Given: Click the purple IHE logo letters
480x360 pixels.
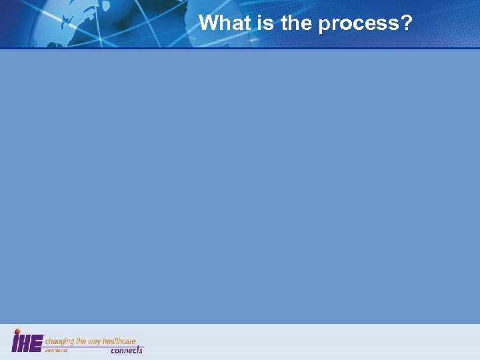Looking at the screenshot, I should pyautogui.click(x=27, y=342).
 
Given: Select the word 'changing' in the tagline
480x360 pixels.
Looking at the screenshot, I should pyautogui.click(x=60, y=341).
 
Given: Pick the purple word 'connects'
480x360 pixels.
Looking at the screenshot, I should pyautogui.click(x=127, y=351).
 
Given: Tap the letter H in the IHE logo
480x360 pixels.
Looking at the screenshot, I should pyautogui.click(x=25, y=343).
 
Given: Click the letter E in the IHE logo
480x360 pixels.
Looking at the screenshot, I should pyautogui.click(x=37, y=343).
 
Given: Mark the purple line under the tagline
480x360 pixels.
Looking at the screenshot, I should pyautogui.click(x=93, y=347).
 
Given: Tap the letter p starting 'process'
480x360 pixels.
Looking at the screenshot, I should pyautogui.click(x=325, y=25).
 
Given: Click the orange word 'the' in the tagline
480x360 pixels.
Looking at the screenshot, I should pyautogui.click(x=83, y=341).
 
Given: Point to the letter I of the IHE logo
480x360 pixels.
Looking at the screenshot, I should pyautogui.click(x=15, y=343).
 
